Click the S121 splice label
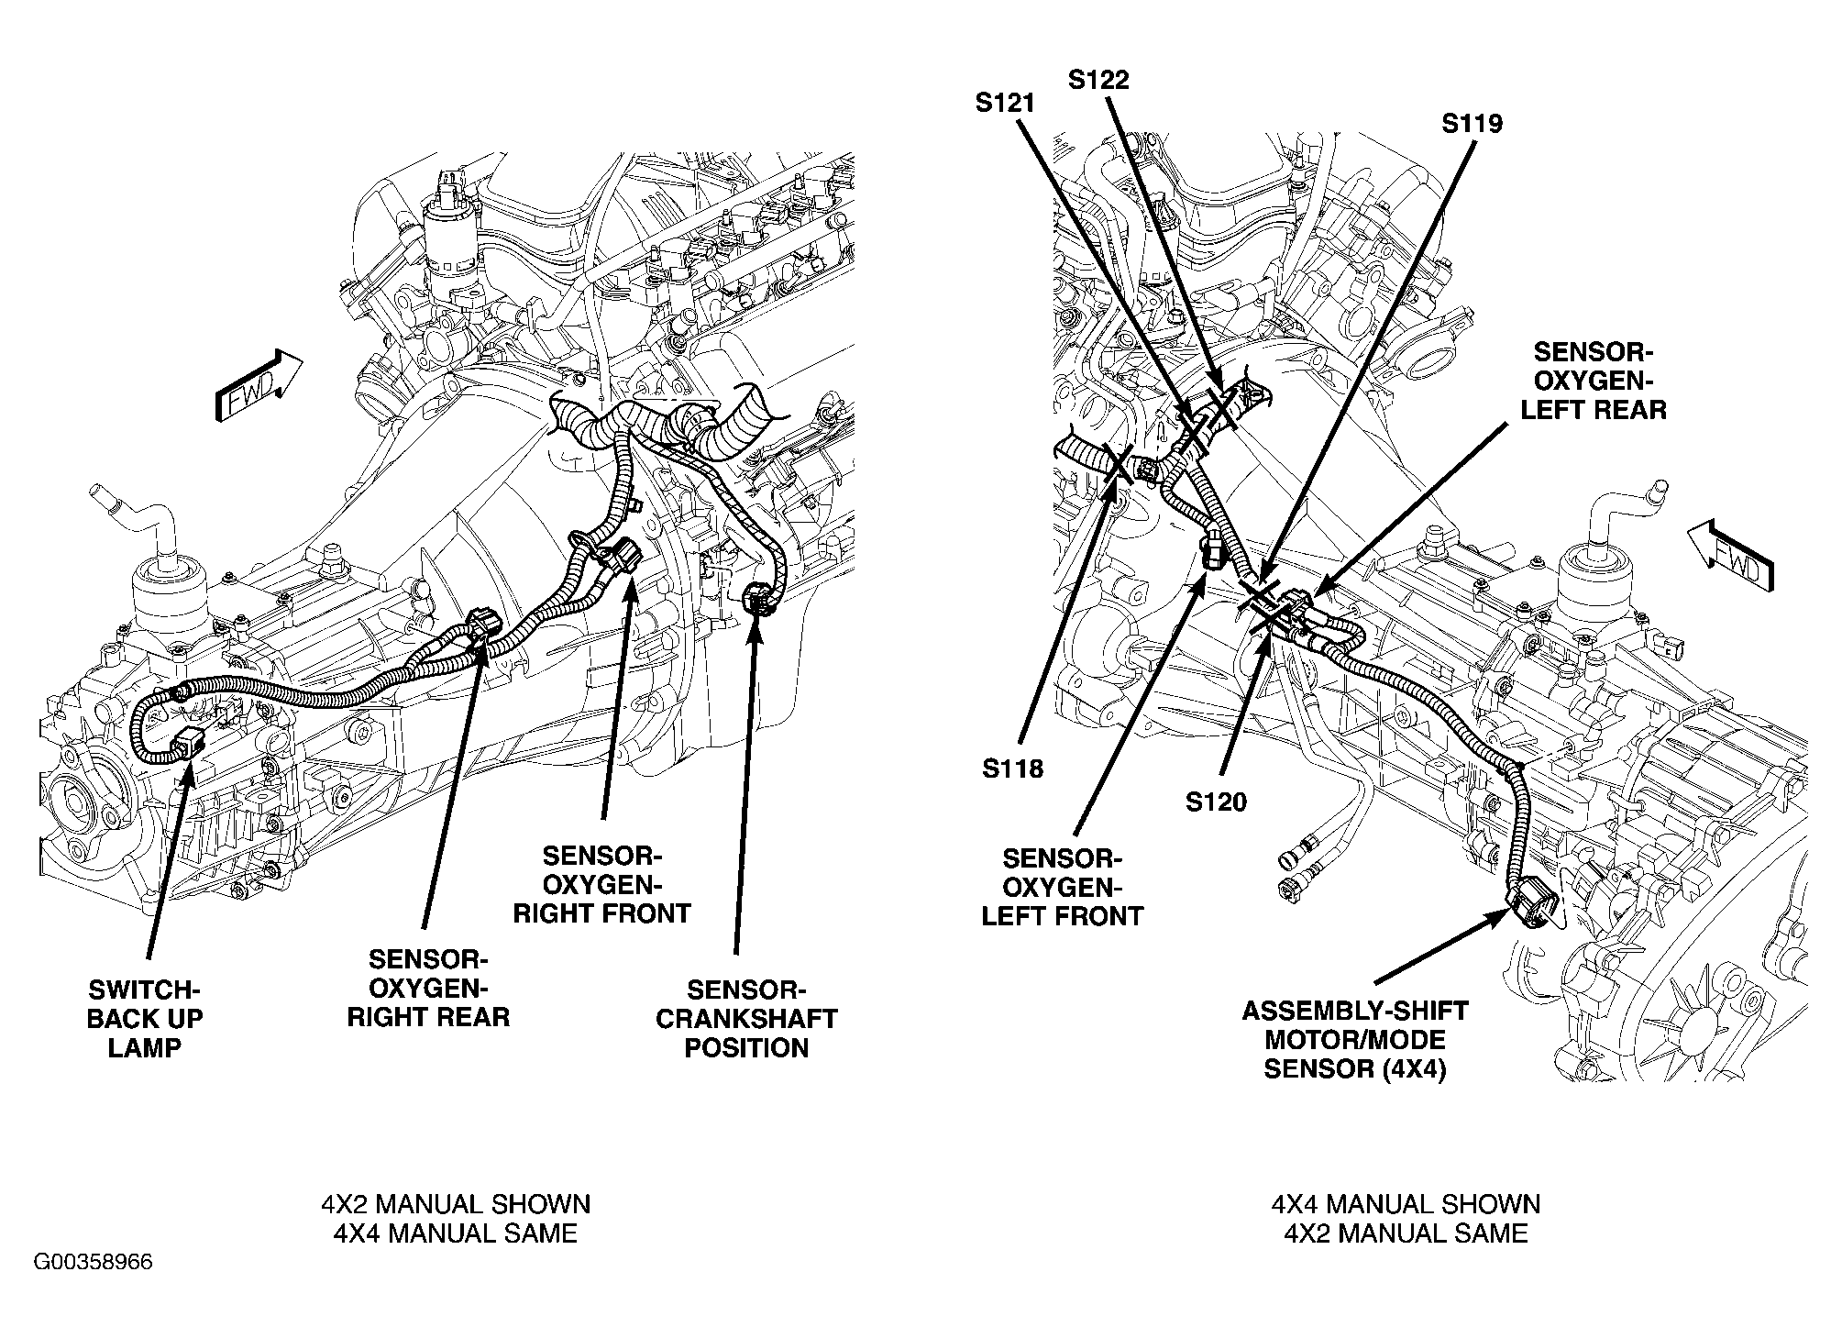point(1005,104)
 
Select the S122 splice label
point(1098,80)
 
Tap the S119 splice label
point(1472,123)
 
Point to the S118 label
point(1012,769)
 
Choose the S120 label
point(1216,802)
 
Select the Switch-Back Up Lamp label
point(144,1019)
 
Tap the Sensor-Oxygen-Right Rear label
point(428,989)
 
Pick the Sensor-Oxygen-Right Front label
point(601,885)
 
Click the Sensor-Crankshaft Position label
point(745,1019)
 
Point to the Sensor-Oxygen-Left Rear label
point(1594,381)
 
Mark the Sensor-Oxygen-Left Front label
point(1062,887)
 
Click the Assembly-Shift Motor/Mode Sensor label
point(1354,1040)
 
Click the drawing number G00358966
point(94,1263)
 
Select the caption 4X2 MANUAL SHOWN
point(455,1204)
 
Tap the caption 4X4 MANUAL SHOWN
point(1405,1204)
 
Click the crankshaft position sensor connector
point(758,600)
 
